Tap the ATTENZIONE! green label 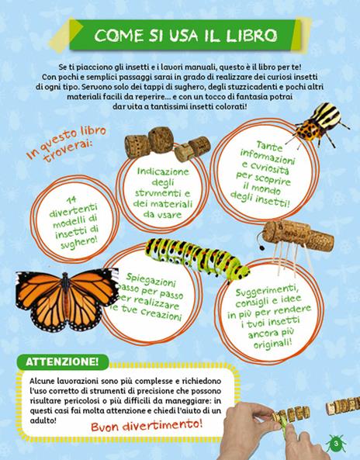63,361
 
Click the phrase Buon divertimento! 147,425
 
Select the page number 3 336,443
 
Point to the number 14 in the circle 71,200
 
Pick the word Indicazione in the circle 163,171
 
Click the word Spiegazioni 151,279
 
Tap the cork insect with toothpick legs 293,244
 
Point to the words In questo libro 66,142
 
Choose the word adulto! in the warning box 43,420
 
